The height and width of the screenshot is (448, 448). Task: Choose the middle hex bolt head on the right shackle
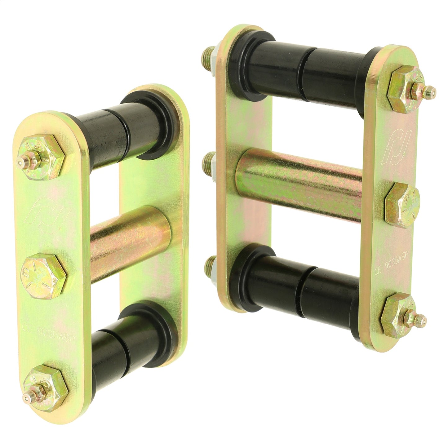(x=402, y=202)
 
